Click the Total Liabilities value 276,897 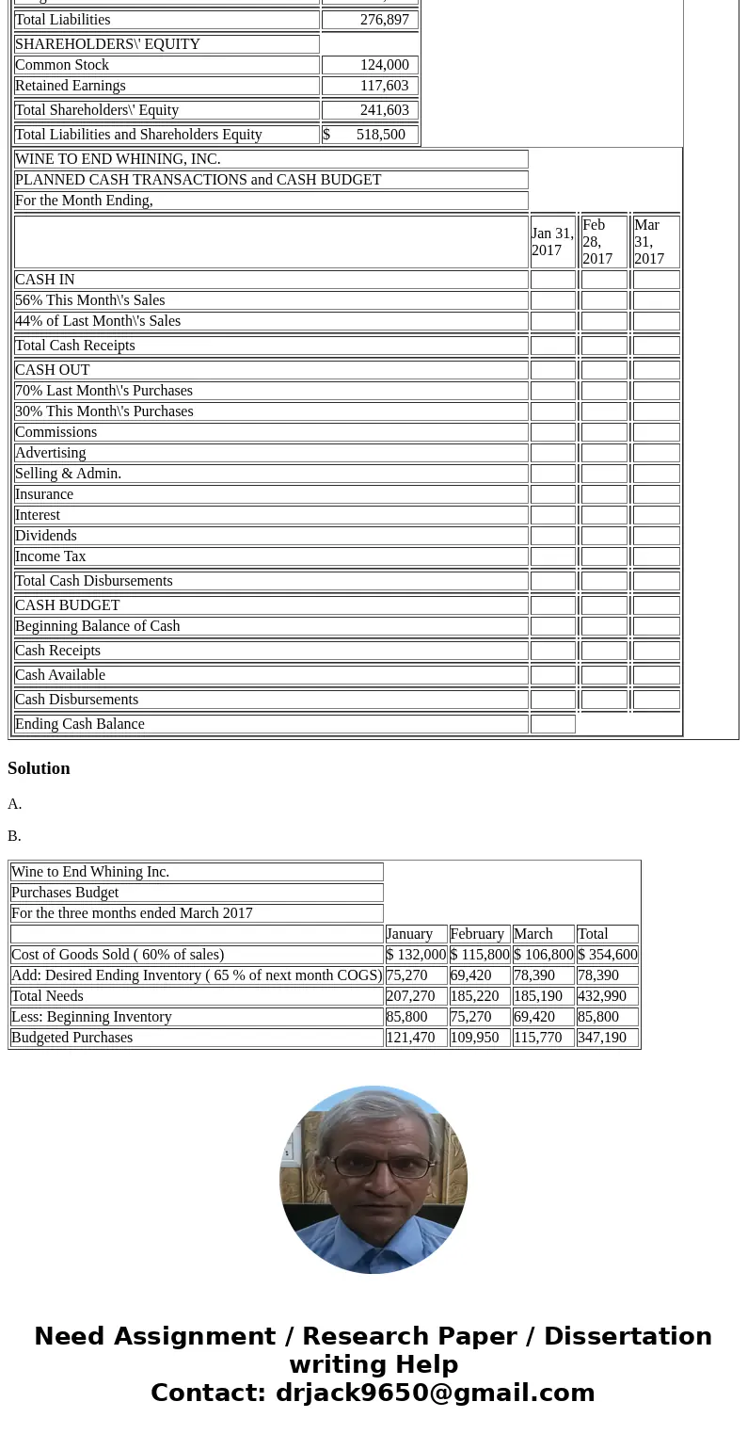(384, 20)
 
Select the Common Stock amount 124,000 (384, 65)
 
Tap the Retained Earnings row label (71, 86)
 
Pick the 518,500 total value (380, 135)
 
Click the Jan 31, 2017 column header (552, 242)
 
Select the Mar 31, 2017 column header (656, 242)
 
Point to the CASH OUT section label (53, 370)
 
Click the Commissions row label (56, 432)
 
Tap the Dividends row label (46, 536)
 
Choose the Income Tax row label (51, 556)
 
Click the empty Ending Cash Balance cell (553, 724)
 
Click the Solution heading (39, 768)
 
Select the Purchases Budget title (65, 893)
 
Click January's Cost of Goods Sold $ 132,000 (416, 955)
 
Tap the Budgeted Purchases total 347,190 (602, 1038)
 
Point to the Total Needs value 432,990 (602, 996)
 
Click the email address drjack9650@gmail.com (435, 1393)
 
